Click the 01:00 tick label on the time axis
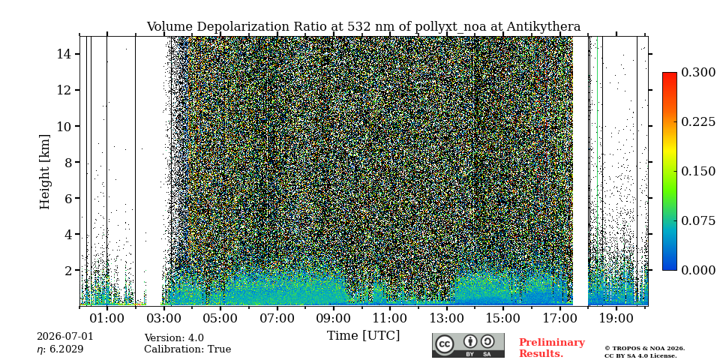107,318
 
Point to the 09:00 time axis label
333,318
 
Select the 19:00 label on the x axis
616,318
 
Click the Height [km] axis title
44,172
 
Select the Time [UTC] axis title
363,336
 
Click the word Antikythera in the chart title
544,27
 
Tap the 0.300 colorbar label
698,73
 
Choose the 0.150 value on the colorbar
698,171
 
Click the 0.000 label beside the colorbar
698,270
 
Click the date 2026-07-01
64,336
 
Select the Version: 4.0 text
174,338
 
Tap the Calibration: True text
187,349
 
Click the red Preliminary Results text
551,348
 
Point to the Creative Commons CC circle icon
445,345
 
